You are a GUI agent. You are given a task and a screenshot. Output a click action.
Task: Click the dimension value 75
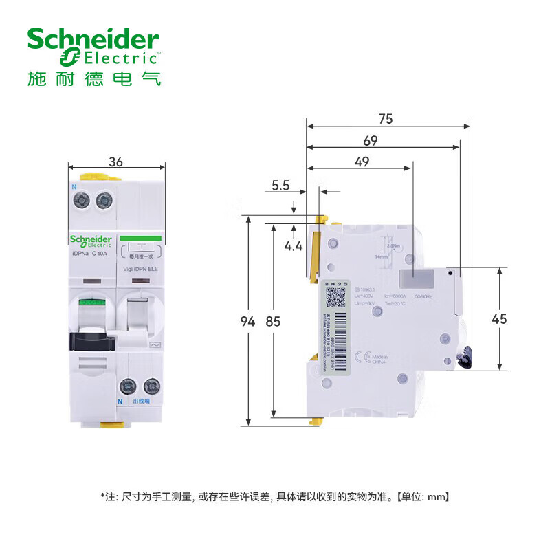pyautogui.click(x=385, y=118)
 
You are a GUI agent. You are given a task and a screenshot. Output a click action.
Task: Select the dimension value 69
pyautogui.click(x=371, y=140)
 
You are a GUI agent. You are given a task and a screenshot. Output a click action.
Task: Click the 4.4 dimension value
pyautogui.click(x=294, y=246)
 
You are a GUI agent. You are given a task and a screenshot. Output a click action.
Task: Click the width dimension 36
pyautogui.click(x=116, y=162)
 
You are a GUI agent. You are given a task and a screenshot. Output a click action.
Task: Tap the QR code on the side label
pyautogui.click(x=335, y=297)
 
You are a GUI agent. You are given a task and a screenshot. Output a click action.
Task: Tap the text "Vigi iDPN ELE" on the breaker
pyautogui.click(x=140, y=269)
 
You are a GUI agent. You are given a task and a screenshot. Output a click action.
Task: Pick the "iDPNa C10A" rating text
pyautogui.click(x=91, y=254)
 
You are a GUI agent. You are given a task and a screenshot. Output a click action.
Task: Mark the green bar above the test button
pyautogui.click(x=140, y=238)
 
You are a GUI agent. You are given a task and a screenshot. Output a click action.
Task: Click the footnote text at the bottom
pyautogui.click(x=275, y=495)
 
